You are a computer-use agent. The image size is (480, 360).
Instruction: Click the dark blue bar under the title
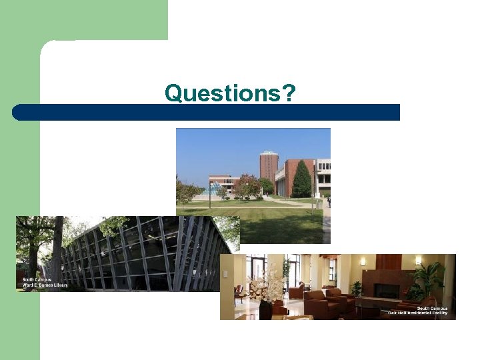207,112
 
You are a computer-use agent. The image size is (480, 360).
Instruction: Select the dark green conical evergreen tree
301,179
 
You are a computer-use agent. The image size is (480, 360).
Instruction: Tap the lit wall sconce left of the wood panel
363,262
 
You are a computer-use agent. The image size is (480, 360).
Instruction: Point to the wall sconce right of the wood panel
417,261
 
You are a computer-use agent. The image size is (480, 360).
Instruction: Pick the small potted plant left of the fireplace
357,288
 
